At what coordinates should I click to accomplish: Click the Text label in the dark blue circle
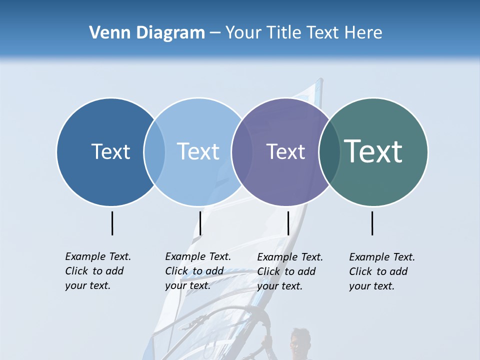point(110,151)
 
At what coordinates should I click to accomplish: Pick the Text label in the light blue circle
point(198,151)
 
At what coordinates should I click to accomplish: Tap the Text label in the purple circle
point(285,151)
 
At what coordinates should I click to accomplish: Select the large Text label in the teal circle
point(373,151)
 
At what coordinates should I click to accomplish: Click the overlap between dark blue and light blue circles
point(154,151)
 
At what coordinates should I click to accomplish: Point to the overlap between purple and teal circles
point(329,151)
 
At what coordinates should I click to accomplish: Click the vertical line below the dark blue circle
point(112,223)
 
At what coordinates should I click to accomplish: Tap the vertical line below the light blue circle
point(200,223)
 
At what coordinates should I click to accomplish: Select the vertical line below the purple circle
point(288,223)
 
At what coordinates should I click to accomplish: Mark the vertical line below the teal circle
point(372,223)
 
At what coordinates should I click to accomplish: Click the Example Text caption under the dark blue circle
point(97,271)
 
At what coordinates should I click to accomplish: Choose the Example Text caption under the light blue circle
point(197,271)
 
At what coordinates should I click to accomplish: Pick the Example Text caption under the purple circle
point(289,271)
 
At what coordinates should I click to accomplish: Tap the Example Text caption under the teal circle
point(381,271)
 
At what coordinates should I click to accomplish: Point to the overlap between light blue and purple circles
point(242,151)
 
